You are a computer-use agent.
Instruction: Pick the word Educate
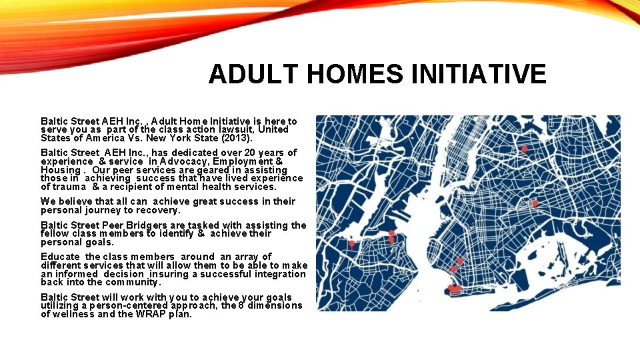(x=61, y=257)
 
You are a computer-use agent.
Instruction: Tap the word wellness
(x=74, y=314)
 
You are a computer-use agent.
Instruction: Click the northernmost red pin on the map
(x=525, y=149)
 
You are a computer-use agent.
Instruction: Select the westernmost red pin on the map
(x=352, y=243)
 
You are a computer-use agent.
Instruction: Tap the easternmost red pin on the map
(x=535, y=203)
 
